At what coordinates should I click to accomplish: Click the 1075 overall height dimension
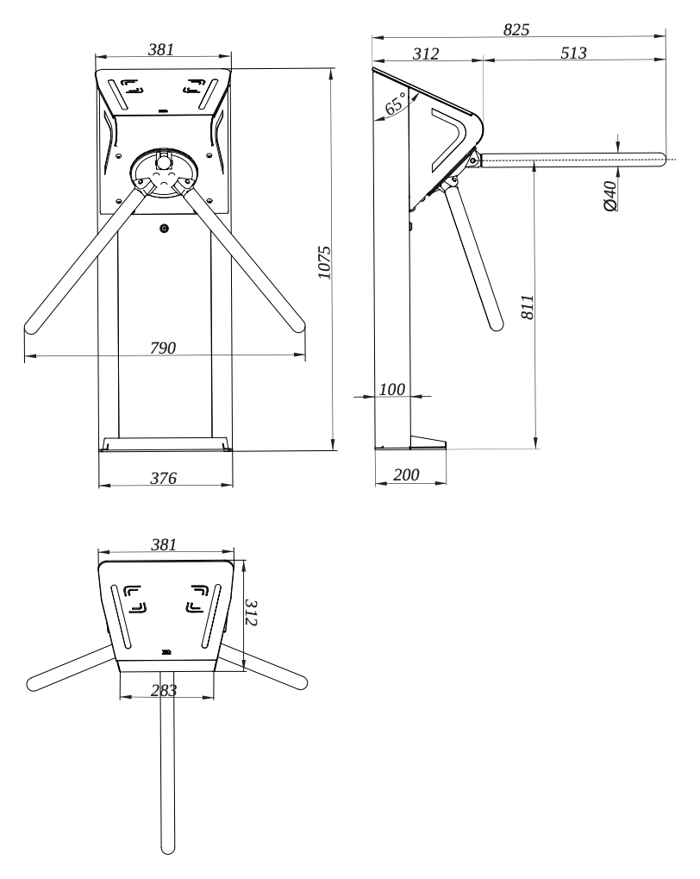click(324, 261)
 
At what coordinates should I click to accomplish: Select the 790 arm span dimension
click(163, 348)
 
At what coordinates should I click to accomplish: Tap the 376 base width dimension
click(163, 478)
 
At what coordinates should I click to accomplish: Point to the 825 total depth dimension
click(516, 29)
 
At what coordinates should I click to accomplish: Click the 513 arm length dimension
click(573, 53)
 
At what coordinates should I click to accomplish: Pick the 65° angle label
click(395, 104)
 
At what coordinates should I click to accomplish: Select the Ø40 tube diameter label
click(610, 196)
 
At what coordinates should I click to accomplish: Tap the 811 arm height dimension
click(528, 307)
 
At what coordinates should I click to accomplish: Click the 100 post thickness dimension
click(391, 389)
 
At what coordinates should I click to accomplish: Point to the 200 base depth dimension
click(406, 474)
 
